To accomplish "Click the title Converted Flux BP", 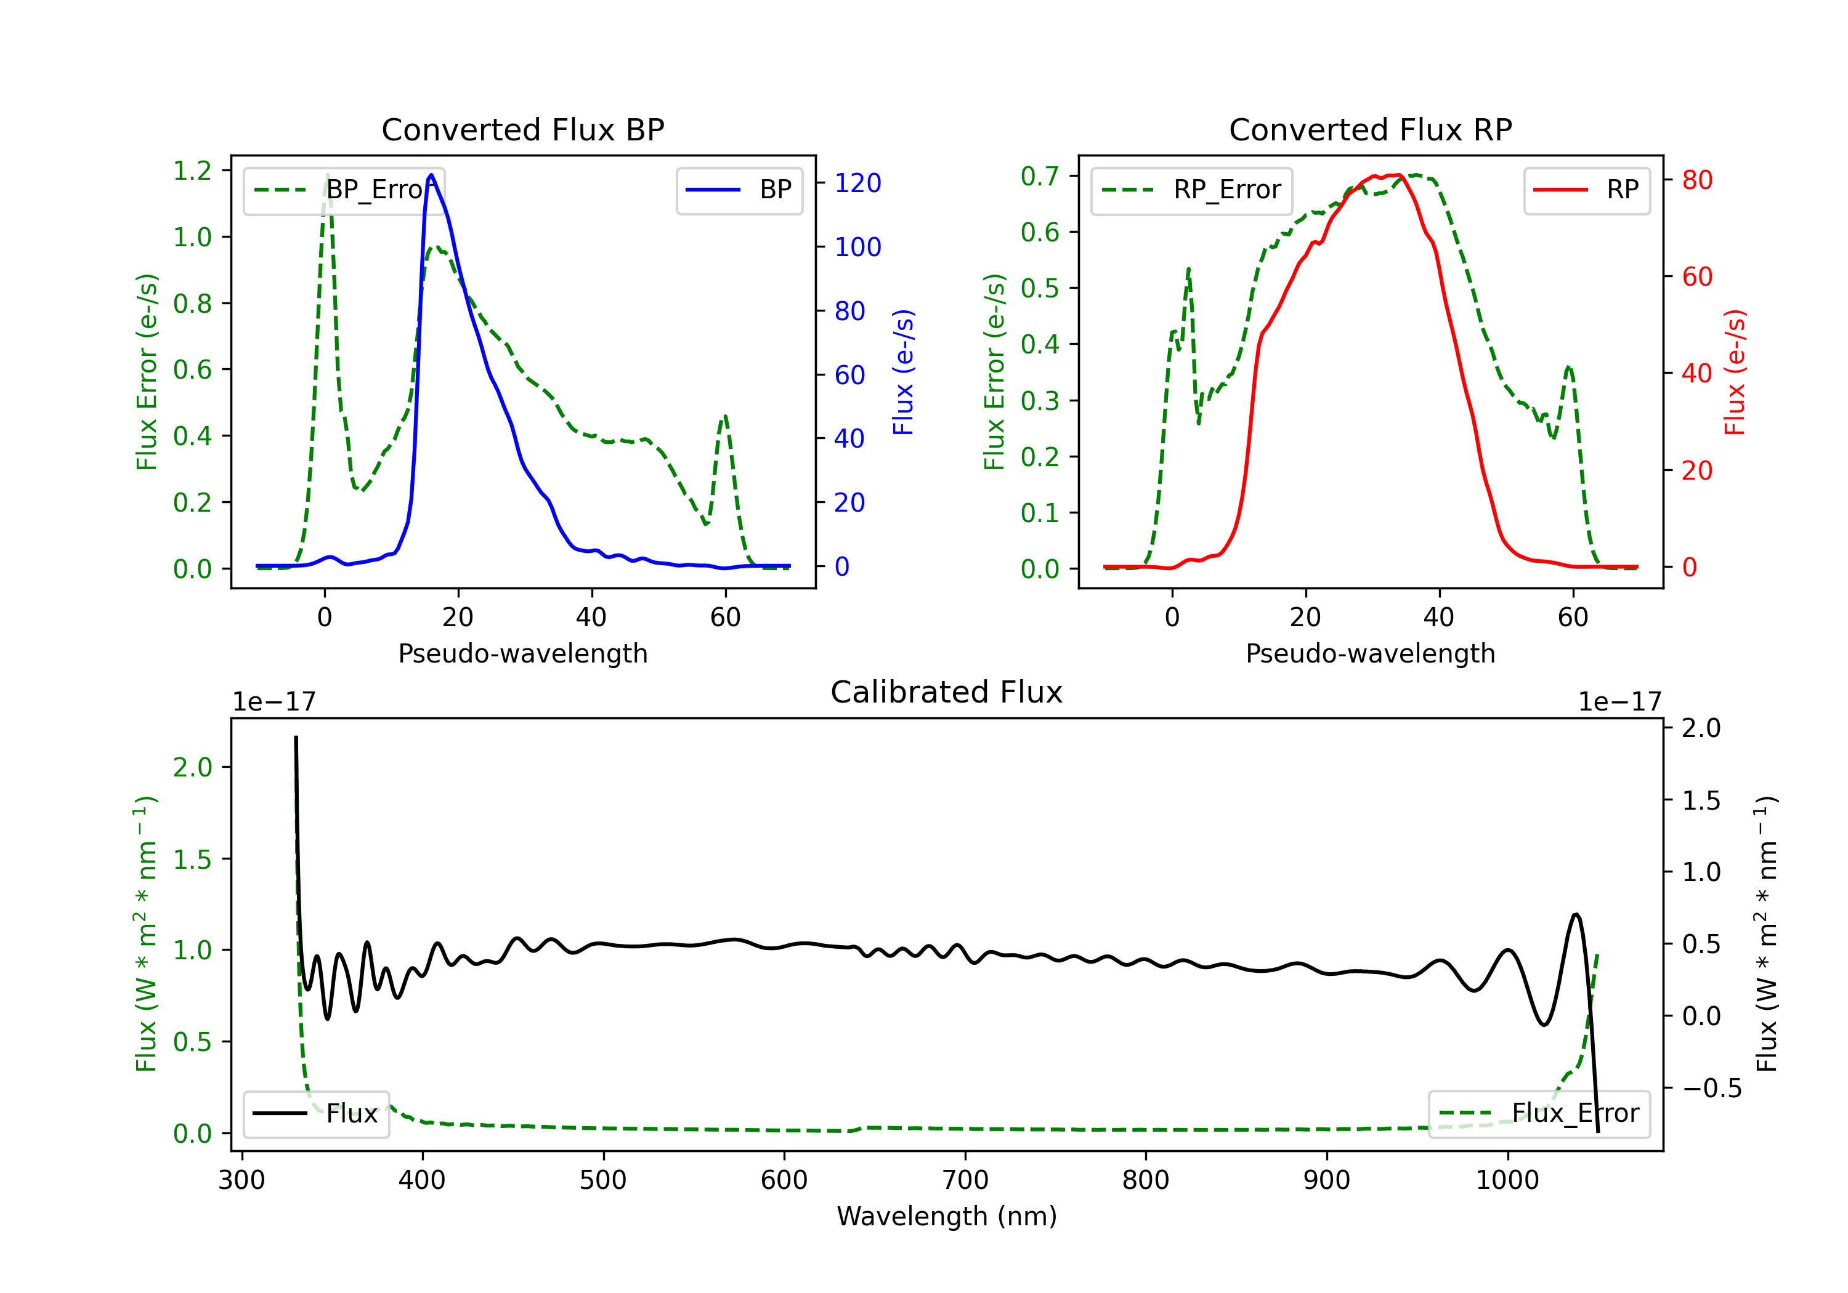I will tap(522, 129).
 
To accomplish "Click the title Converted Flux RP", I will tap(1370, 129).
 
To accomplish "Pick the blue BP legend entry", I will tap(739, 190).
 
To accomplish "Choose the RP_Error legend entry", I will tap(1191, 190).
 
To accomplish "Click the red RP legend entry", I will tap(1586, 190).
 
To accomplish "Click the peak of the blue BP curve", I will tap(431, 175).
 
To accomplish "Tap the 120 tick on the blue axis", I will tap(857, 183).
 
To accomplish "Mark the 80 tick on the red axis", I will tap(1696, 180).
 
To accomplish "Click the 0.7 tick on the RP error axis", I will tap(1039, 175).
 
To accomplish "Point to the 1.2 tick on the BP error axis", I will tap(192, 171).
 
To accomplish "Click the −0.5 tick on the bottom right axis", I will tap(1711, 1089).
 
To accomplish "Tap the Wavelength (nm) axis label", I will tap(947, 1216).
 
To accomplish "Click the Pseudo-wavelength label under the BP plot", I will tap(522, 653).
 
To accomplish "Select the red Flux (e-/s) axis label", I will tap(1735, 372).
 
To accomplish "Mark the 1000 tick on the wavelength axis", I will tap(1507, 1180).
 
